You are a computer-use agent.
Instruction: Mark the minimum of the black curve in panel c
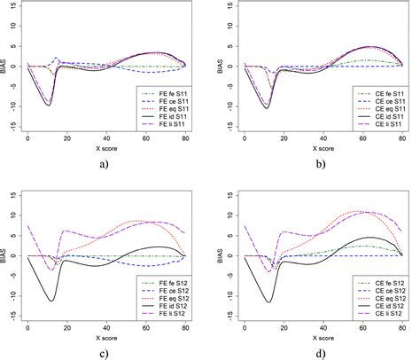coord(52,301)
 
